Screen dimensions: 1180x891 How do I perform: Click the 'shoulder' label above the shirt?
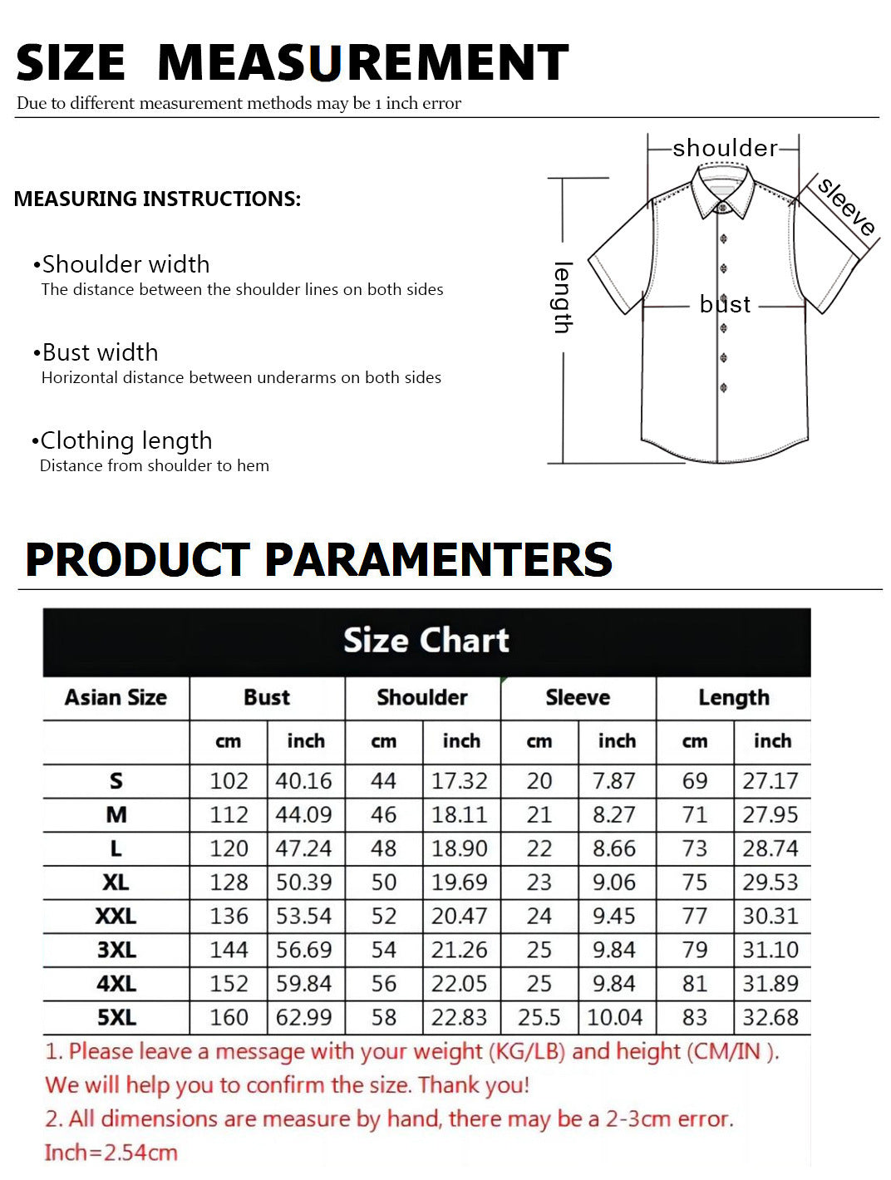[725, 148]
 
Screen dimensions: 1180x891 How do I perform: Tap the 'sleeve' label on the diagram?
[846, 205]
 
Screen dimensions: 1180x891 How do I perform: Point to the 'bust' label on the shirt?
[725, 304]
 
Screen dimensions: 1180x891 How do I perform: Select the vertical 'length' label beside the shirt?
[563, 297]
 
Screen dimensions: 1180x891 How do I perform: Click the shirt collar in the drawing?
[723, 188]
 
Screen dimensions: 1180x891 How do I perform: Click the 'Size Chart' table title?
[426, 641]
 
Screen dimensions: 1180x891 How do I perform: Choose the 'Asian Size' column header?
[116, 698]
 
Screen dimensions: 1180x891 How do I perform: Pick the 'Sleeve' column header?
[578, 698]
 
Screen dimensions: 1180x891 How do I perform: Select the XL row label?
[116, 883]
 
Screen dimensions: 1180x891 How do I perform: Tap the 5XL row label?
[116, 1018]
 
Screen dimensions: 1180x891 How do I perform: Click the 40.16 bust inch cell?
[304, 781]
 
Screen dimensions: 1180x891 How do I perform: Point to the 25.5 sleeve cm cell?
[539, 1018]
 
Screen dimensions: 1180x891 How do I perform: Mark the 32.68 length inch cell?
[770, 1018]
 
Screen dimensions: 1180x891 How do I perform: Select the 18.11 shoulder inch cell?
[459, 815]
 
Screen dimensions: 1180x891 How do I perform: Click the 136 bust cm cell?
[229, 917]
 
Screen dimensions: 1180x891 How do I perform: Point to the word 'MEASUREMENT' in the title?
[362, 63]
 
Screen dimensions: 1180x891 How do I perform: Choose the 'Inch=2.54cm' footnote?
[111, 1153]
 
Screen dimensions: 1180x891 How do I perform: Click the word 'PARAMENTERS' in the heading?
[438, 559]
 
